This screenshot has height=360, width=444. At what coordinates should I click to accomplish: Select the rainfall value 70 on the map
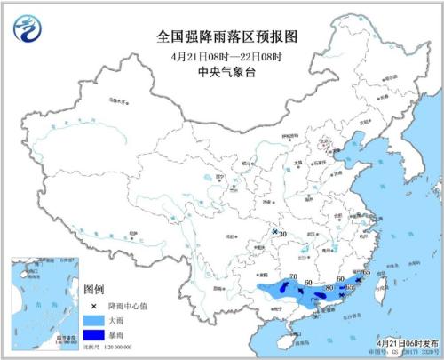pyautogui.click(x=294, y=276)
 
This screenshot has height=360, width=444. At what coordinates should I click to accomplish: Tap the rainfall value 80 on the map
pyautogui.click(x=329, y=287)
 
